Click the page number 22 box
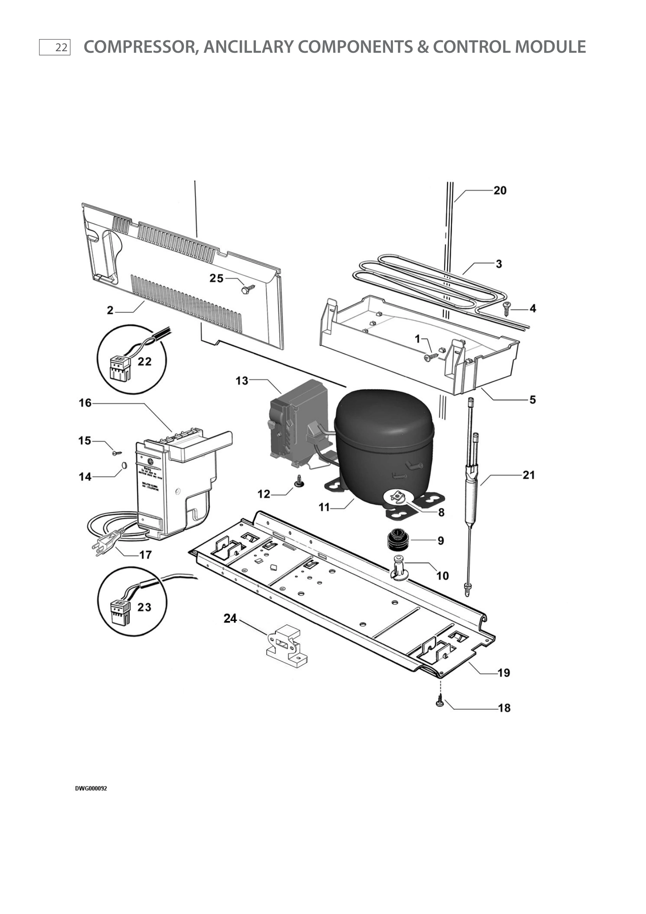[55, 47]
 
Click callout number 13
[241, 381]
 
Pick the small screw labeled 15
[116, 453]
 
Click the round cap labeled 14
[123, 465]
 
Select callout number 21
[528, 475]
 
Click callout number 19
[503, 673]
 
